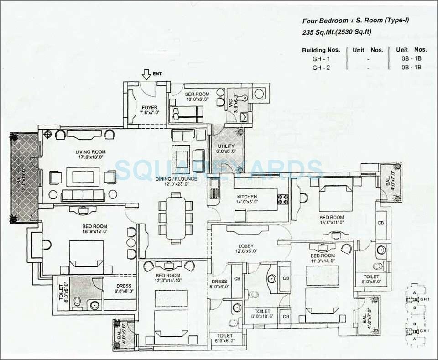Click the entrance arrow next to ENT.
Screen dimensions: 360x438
point(146,73)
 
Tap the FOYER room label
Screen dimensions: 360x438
point(149,108)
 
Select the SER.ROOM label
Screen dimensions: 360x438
point(197,94)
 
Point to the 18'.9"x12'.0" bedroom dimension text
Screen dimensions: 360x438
point(94,232)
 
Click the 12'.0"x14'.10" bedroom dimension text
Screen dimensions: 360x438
point(167,282)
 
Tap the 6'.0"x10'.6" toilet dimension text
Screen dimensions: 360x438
point(261,317)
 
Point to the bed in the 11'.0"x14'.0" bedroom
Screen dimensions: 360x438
point(322,294)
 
